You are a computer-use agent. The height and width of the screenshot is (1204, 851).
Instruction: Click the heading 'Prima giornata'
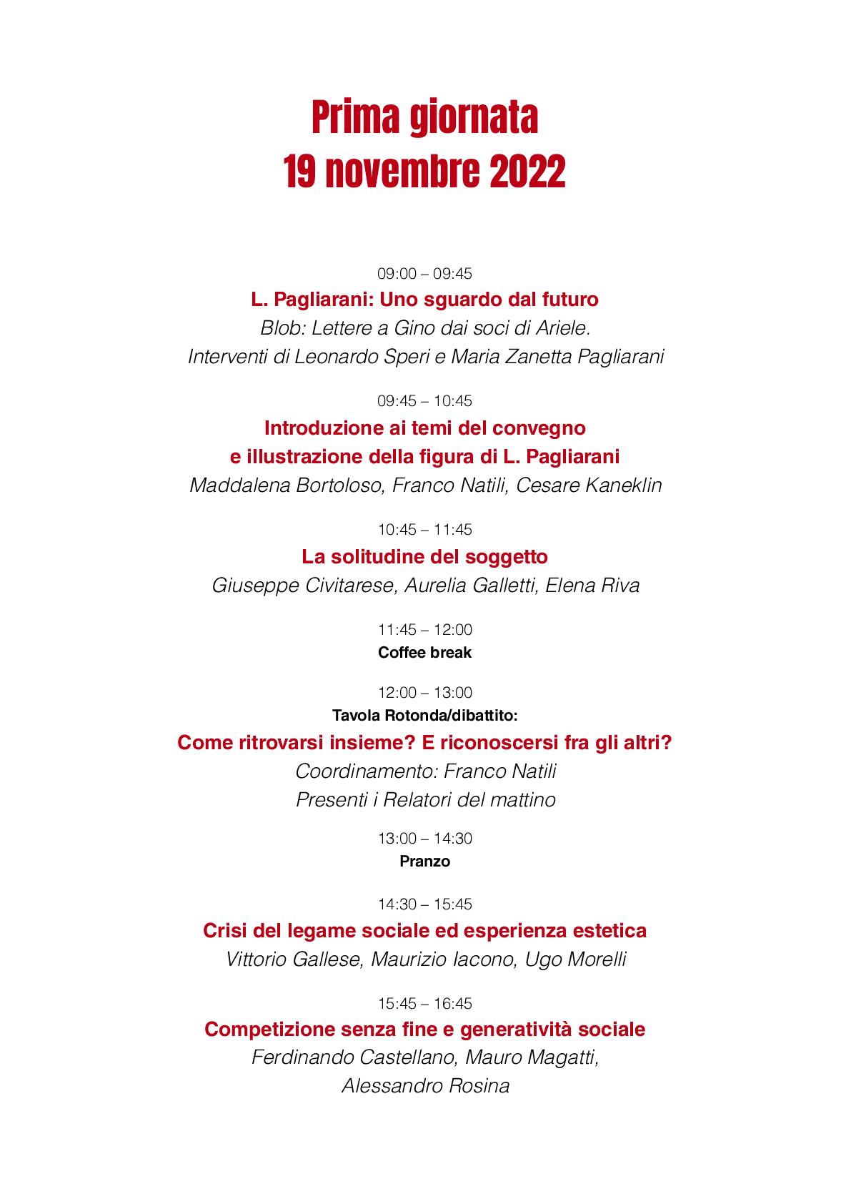[424, 118]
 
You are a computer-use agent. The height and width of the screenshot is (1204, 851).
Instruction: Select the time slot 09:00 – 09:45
[424, 274]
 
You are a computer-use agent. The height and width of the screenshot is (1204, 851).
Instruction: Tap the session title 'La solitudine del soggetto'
[424, 556]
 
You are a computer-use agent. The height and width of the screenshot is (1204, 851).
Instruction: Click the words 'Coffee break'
[424, 653]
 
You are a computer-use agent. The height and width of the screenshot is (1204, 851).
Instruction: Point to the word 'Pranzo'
[424, 862]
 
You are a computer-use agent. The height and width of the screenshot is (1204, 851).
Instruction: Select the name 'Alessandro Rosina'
[425, 1086]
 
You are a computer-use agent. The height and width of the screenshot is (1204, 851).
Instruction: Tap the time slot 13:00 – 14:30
[424, 839]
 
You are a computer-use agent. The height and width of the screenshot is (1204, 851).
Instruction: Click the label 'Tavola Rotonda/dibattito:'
[424, 716]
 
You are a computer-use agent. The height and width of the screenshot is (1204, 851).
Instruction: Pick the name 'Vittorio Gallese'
[294, 959]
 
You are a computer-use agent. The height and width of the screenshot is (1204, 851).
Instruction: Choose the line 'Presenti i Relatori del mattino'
[425, 800]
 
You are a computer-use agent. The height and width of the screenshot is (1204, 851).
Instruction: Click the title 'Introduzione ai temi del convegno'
[424, 428]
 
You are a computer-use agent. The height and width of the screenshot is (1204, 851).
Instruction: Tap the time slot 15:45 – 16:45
[424, 1004]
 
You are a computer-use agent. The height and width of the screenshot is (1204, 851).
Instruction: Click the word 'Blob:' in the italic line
[283, 328]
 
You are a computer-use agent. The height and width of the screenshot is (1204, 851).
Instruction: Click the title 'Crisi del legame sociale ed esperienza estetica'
[424, 931]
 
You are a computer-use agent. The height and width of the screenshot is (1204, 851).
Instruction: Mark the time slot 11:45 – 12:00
[424, 630]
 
